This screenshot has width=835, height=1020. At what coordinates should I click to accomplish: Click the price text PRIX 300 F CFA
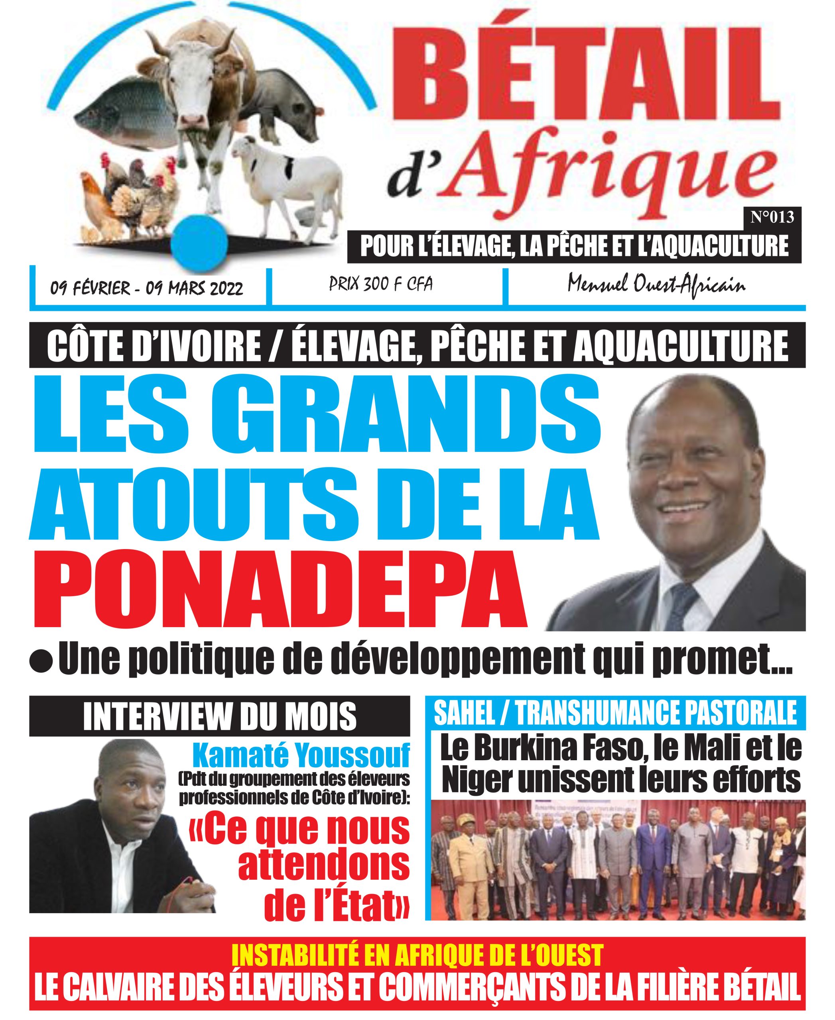click(x=380, y=284)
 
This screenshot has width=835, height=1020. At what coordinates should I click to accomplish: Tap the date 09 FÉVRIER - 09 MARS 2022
click(x=147, y=288)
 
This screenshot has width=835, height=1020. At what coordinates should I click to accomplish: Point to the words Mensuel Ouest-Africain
click(x=656, y=285)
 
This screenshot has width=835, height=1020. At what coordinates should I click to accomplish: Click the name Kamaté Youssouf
click(x=301, y=755)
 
